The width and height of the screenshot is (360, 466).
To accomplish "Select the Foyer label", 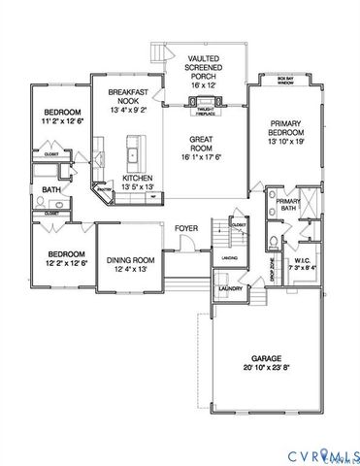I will (x=186, y=228).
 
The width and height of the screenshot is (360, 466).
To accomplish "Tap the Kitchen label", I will (x=137, y=179).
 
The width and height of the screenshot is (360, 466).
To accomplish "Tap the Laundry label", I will (x=230, y=289).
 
